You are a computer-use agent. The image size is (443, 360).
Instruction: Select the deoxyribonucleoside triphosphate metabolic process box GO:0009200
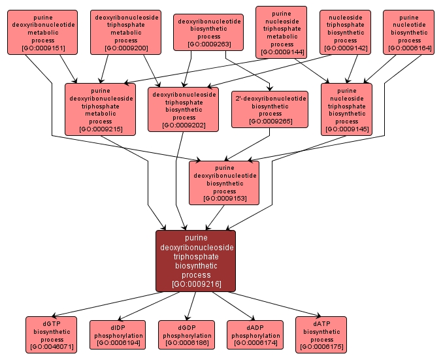tap(126, 31)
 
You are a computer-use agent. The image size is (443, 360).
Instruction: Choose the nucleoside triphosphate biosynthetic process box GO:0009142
tap(346, 31)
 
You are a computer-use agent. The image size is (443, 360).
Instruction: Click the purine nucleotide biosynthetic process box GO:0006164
tap(408, 31)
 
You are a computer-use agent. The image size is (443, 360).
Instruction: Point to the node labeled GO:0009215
tap(100, 109)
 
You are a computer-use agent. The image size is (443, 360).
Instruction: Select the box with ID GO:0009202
tap(183, 109)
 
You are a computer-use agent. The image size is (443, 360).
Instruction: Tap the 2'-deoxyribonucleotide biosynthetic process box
tap(270, 109)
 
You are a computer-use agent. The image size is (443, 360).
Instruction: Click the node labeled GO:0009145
tap(346, 109)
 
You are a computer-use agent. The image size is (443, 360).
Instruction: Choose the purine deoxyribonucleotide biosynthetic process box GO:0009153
tap(224, 182)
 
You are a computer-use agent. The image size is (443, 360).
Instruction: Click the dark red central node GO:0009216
tap(195, 261)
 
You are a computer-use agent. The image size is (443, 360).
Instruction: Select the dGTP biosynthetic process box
tap(52, 335)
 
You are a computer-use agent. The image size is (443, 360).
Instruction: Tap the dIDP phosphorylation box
tap(117, 335)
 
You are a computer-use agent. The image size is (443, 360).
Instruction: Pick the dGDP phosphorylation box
tap(186, 335)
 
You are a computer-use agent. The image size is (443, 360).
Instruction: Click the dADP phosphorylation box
tap(255, 335)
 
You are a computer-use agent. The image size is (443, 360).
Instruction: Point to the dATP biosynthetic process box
tap(321, 335)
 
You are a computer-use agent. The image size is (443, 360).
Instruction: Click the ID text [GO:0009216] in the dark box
tap(195, 284)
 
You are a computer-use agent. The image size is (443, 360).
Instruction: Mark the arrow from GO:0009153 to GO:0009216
tap(216, 217)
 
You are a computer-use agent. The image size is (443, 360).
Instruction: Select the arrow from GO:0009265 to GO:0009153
tap(248, 143)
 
